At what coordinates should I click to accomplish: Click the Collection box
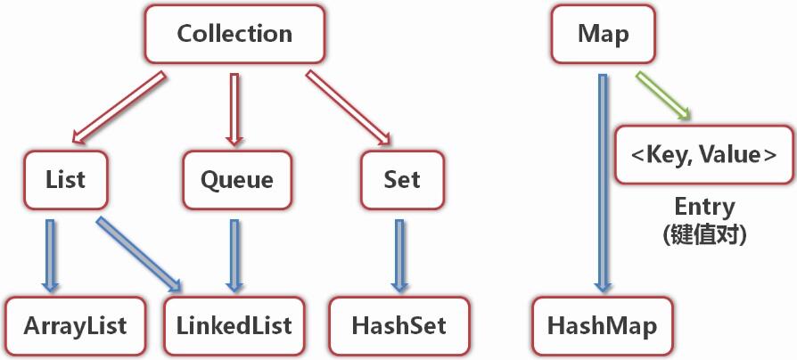pyautogui.click(x=234, y=34)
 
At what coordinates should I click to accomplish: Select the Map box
pyautogui.click(x=604, y=34)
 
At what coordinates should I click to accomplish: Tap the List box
pyautogui.click(x=66, y=180)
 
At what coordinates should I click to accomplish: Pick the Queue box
pyautogui.click(x=237, y=180)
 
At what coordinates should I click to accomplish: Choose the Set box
pyautogui.click(x=402, y=180)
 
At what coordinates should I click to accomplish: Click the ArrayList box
pyautogui.click(x=75, y=325)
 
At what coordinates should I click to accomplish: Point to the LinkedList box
pyautogui.click(x=234, y=325)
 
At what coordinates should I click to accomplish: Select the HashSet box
pyautogui.click(x=399, y=325)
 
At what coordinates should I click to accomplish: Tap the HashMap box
pyautogui.click(x=603, y=325)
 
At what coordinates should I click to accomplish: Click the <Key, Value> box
pyautogui.click(x=704, y=154)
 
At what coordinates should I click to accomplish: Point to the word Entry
pyautogui.click(x=704, y=207)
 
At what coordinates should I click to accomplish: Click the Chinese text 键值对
pyautogui.click(x=704, y=235)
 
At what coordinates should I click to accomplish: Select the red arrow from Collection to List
pyautogui.click(x=119, y=107)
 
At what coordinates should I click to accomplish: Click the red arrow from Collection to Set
pyautogui.click(x=349, y=107)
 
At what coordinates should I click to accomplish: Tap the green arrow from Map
pyautogui.click(x=663, y=95)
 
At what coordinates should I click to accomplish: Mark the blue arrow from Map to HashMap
pyautogui.click(x=603, y=183)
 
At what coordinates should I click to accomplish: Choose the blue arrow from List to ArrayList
pyautogui.click(x=50, y=256)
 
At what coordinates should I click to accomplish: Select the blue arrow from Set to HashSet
pyautogui.click(x=399, y=256)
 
